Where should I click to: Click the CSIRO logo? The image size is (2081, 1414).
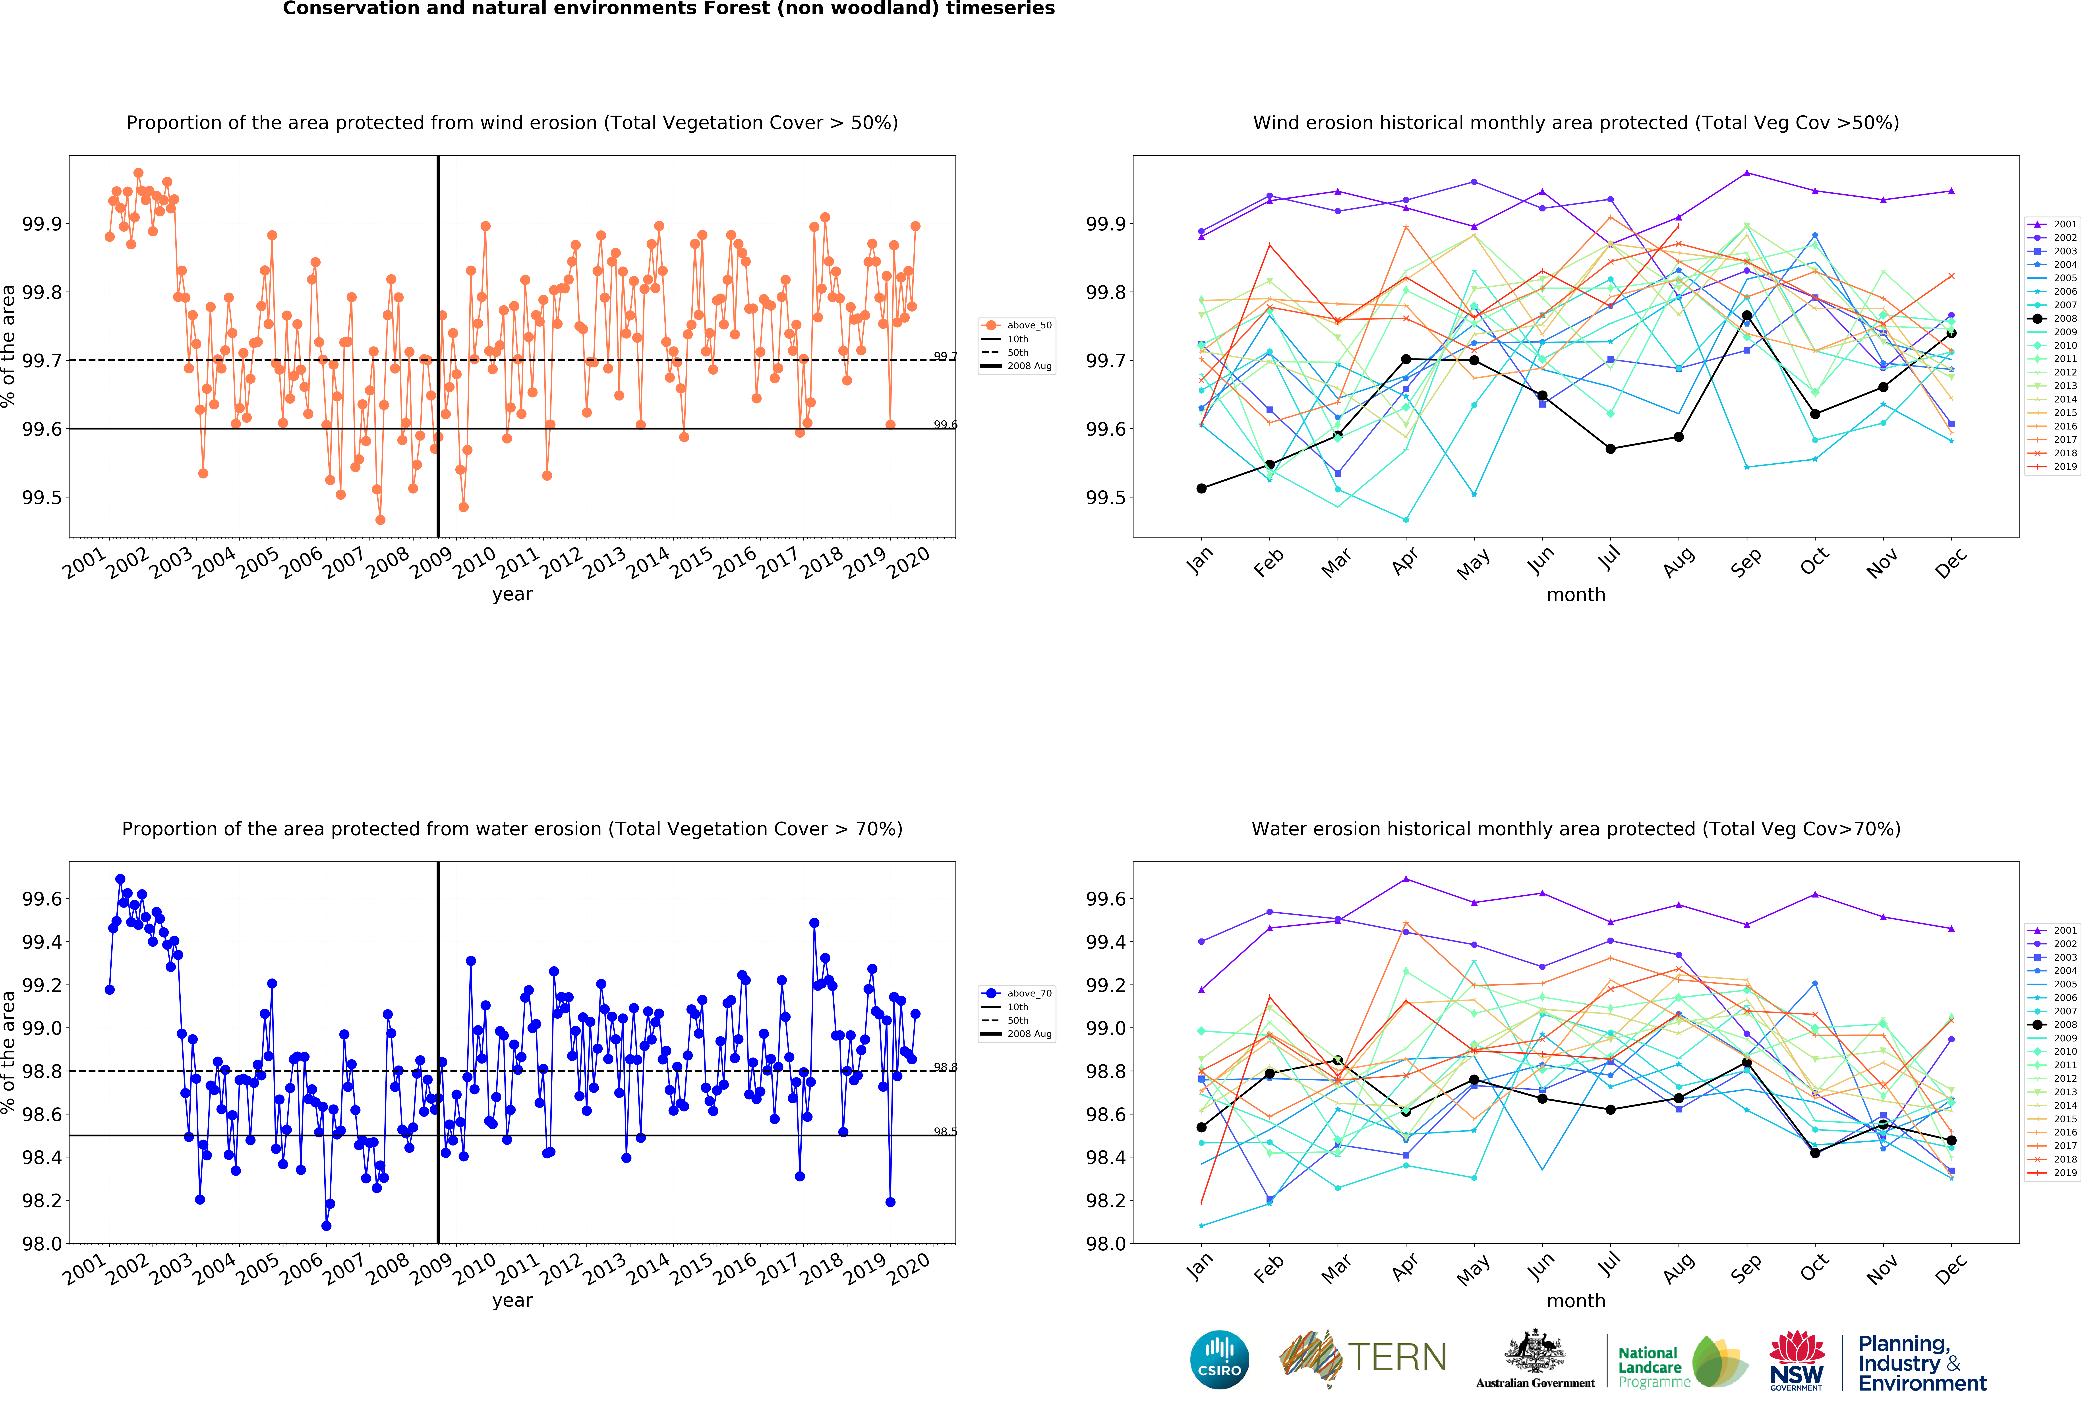coord(1220,1359)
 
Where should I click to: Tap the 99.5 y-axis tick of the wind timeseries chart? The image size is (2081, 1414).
coord(42,498)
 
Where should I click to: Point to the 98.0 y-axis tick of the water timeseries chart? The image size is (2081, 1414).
coord(42,1244)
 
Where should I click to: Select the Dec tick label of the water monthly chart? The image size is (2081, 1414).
coord(1950,1269)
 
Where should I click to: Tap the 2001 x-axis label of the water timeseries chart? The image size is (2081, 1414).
coord(84,1270)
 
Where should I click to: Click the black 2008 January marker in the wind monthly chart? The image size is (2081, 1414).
coord(1202,488)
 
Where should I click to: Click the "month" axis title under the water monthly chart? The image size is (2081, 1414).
coord(1576,1300)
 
